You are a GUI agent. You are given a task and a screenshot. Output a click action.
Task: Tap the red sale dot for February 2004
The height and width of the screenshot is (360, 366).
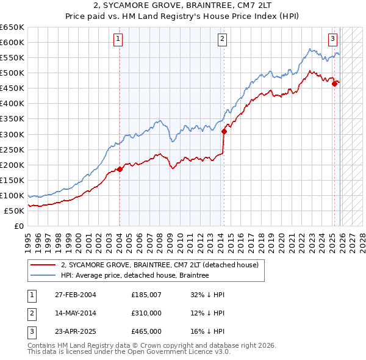[x=120, y=169]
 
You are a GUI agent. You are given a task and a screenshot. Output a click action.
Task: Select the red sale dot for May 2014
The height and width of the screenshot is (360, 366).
[x=224, y=131]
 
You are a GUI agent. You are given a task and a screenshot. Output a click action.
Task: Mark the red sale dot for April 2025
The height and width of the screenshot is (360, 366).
[x=334, y=84]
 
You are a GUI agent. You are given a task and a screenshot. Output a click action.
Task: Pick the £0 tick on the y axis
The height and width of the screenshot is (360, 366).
[x=20, y=226]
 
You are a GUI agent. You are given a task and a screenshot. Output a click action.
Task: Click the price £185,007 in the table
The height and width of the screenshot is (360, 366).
[x=146, y=295]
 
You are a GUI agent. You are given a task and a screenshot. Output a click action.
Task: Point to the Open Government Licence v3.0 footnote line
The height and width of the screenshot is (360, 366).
[x=129, y=352]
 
